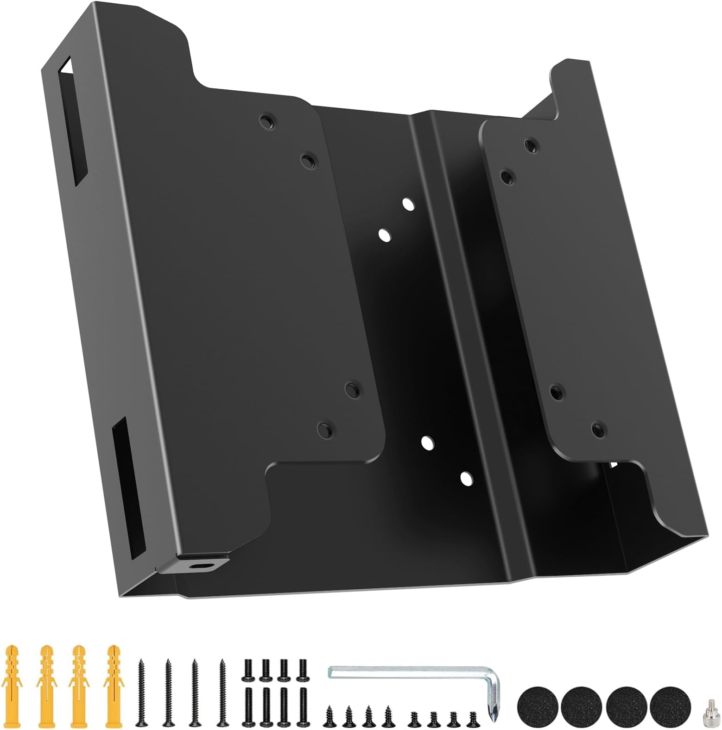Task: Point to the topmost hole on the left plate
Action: coord(267,122)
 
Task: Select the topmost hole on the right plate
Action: coord(531,145)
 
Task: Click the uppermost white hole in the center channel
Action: coord(408,204)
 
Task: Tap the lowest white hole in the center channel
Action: coord(466,478)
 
